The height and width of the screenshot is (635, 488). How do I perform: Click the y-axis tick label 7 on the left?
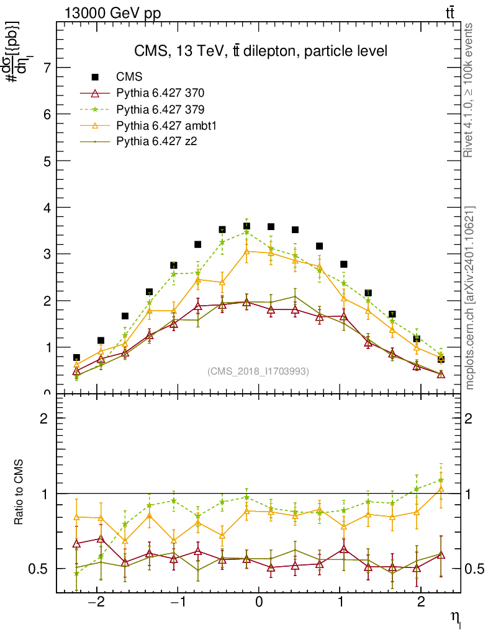pos(45,68)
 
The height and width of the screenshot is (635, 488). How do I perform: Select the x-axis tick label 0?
pos(259,603)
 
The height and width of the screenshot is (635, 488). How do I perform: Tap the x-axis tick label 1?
pos(340,603)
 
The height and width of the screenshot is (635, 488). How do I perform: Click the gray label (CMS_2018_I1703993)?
pos(258,371)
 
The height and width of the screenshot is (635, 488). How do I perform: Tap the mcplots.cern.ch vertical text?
pos(470,298)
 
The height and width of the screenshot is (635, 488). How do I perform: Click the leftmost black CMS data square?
pos(76,358)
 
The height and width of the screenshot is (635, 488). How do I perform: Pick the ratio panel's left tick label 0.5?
pos(38,569)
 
